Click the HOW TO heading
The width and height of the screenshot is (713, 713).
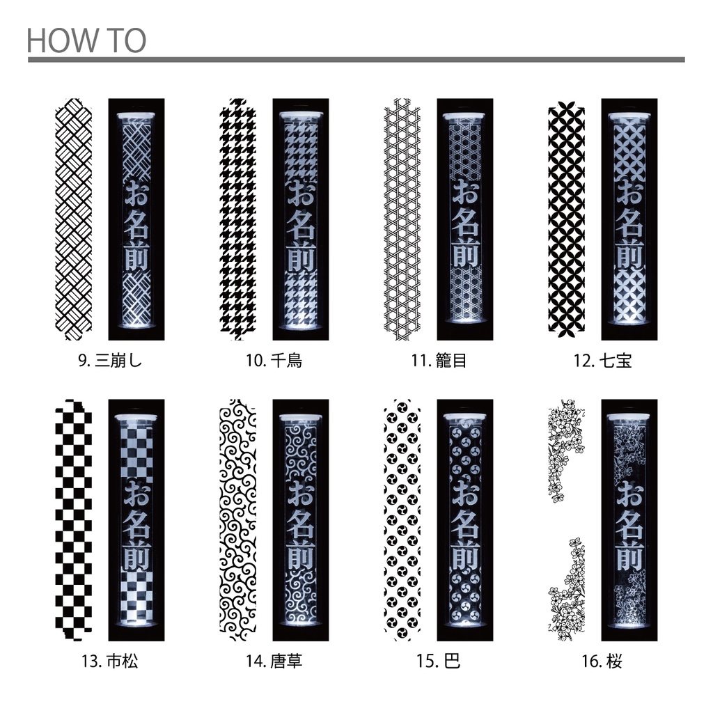tap(86, 40)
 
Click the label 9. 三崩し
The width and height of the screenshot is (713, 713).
tap(111, 361)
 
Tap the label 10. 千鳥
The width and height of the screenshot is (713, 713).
tap(274, 361)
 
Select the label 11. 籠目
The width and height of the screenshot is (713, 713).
tap(439, 361)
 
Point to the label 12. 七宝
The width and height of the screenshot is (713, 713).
tap(603, 361)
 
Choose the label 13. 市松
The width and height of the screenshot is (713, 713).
tap(109, 661)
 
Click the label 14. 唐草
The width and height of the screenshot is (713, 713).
tap(274, 661)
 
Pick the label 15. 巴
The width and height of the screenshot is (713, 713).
tap(439, 661)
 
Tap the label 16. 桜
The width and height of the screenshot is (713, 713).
tap(602, 661)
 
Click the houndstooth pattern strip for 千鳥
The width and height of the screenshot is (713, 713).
tap(238, 219)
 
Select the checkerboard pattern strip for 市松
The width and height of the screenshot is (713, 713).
tap(74, 520)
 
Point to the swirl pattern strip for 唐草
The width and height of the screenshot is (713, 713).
tap(238, 520)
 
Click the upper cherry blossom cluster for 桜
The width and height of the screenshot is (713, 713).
tap(565, 450)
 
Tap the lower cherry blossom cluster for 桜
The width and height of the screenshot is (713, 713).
tap(566, 589)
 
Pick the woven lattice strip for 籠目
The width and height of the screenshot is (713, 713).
tap(402, 219)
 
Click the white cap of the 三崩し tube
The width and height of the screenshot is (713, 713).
tap(136, 116)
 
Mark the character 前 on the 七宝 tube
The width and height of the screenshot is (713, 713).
tap(629, 255)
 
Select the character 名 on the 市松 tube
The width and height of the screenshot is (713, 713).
tap(136, 524)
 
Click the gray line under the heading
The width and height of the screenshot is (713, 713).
tap(356, 60)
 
